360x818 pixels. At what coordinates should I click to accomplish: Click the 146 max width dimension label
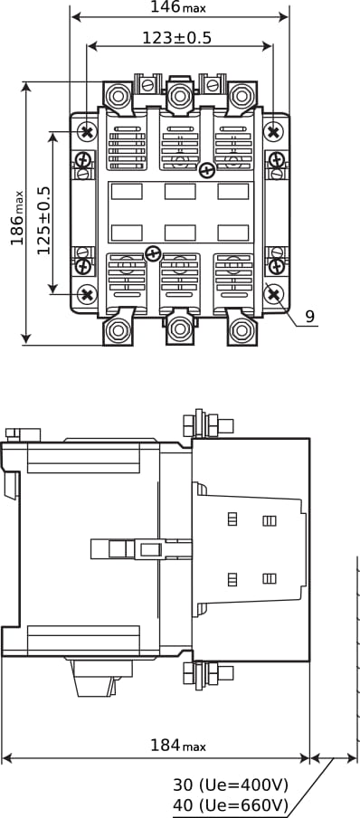pos(178,7)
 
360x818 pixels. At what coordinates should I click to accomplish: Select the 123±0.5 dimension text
pos(177,38)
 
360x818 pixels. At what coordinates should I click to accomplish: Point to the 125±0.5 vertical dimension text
pos(43,220)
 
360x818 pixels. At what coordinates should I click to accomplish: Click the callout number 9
pos(310,317)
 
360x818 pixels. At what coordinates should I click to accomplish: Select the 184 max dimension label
pos(178,746)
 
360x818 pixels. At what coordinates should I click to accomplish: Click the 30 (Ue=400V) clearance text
pos(231,785)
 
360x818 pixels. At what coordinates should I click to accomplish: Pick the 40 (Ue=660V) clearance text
pos(231,804)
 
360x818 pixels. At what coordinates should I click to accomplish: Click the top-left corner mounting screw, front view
pos(87,131)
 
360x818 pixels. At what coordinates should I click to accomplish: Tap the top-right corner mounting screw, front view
pos(273,131)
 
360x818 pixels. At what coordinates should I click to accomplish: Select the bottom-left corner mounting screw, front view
pos(87,295)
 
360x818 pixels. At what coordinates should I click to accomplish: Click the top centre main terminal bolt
pos(180,96)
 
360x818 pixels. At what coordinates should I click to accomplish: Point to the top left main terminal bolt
pos(118,96)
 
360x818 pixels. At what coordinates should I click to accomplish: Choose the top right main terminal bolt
pos(242,96)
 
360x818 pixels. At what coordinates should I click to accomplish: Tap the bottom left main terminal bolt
pos(118,329)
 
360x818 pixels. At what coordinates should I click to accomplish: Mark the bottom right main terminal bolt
pos(242,329)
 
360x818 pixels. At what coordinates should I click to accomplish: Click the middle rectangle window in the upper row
pos(180,192)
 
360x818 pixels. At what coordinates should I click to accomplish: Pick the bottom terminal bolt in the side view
pos(208,674)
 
